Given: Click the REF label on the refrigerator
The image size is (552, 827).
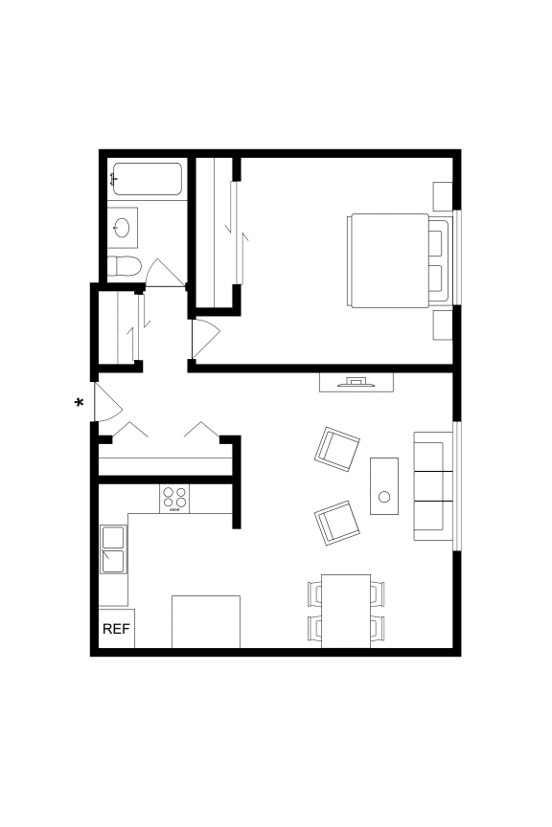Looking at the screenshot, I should click(116, 629).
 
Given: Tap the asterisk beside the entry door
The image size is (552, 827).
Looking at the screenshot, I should click(80, 404).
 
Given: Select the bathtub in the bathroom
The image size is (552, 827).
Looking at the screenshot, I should click(147, 179).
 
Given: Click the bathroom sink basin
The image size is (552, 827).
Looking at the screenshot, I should click(123, 228).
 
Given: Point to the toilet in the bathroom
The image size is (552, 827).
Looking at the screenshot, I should click(125, 266).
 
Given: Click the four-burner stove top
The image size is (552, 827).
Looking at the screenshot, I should click(174, 499).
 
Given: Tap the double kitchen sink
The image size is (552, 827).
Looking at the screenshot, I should click(113, 550).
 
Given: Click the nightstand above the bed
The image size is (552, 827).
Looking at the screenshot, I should click(443, 195).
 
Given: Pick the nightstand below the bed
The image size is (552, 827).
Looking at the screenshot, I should click(443, 324).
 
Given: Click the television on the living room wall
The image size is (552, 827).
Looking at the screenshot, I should click(356, 382).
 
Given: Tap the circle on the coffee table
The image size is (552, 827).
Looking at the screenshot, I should click(384, 496).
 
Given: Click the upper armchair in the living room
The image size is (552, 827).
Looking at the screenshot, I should click(337, 446).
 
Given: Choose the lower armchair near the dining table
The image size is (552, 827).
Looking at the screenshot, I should click(337, 522).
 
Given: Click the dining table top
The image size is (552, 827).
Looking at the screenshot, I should click(345, 610).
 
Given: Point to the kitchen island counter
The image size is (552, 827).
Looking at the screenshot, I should click(205, 622).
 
